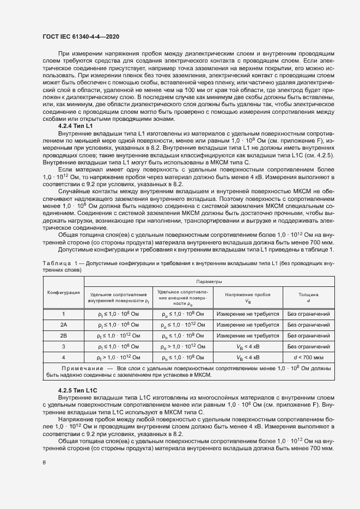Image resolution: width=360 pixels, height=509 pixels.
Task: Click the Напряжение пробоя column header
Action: pos(247,297)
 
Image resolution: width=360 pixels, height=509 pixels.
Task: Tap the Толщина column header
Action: pos(308,297)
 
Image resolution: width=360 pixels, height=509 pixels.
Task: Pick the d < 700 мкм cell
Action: pos(309,357)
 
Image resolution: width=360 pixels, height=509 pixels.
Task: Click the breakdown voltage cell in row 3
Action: pos(247,346)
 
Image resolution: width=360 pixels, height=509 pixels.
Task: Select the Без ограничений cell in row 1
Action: pos(309,314)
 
